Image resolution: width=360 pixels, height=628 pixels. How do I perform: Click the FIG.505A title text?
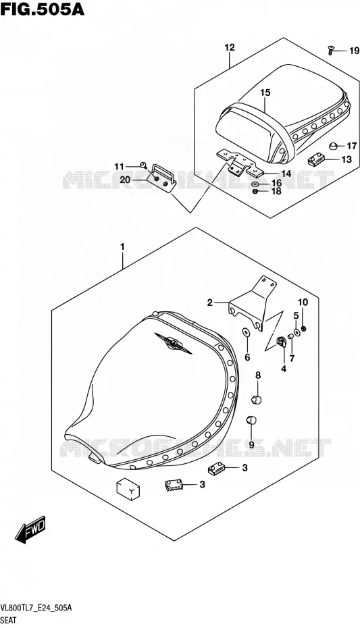coord(42,8)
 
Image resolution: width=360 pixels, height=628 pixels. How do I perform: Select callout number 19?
coord(354,51)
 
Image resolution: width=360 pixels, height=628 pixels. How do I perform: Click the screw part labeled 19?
coord(330,50)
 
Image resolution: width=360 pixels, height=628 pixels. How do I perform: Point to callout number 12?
coord(230,47)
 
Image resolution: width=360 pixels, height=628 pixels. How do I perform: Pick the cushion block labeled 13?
coord(315,161)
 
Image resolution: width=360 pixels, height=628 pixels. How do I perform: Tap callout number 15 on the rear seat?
coord(265,93)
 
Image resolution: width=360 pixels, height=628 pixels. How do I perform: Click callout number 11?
coord(120,166)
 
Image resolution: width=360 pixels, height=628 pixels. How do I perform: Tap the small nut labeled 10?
coord(303,329)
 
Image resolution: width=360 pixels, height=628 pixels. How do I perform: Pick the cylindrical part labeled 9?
coord(251,420)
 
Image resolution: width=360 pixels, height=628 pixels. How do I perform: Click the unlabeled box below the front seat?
coord(128,489)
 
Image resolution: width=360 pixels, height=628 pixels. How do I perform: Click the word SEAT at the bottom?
coord(9,621)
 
